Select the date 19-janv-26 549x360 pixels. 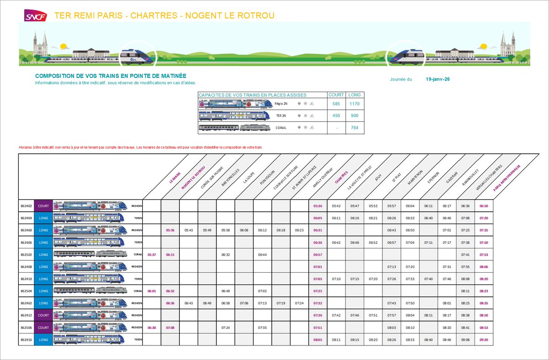pyautogui.click(x=438, y=79)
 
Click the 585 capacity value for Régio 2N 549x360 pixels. pyautogui.click(x=336, y=104)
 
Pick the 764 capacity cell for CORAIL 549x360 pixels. pyautogui.click(x=355, y=128)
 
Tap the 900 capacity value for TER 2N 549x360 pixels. pyautogui.click(x=355, y=116)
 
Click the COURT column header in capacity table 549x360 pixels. pyautogui.click(x=336, y=95)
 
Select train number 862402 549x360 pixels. pyautogui.click(x=26, y=206)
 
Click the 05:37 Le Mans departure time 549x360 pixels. pyautogui.click(x=152, y=254)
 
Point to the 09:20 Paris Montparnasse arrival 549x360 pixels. pyautogui.click(x=484, y=339)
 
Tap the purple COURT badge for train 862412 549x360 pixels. pyautogui.click(x=43, y=315)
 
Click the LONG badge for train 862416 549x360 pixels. pyautogui.click(x=43, y=339)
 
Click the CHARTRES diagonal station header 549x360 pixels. pyautogui.click(x=341, y=178)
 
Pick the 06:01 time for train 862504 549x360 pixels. pyautogui.click(x=152, y=291)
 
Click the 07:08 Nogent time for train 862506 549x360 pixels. pyautogui.click(x=170, y=328)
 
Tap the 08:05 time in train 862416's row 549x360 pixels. pyautogui.click(x=318, y=339)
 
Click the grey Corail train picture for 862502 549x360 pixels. pyautogui.click(x=89, y=254)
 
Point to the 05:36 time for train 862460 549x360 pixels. pyautogui.click(x=170, y=230)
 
